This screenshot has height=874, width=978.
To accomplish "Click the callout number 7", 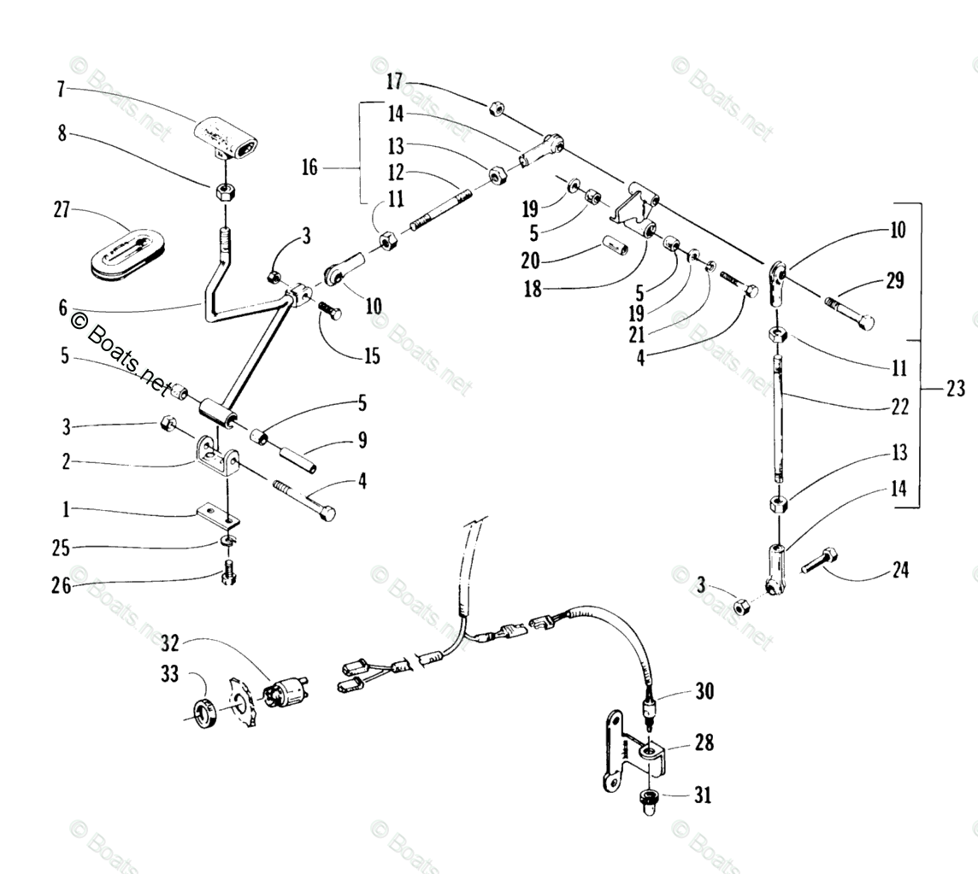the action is pyautogui.click(x=61, y=88).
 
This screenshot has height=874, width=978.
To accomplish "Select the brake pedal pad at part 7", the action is pyautogui.click(x=226, y=138).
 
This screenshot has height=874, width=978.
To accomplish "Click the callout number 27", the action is pyautogui.click(x=62, y=210).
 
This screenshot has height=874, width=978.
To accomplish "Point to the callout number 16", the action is pyautogui.click(x=309, y=167).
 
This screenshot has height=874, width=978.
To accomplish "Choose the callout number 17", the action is pyautogui.click(x=393, y=82).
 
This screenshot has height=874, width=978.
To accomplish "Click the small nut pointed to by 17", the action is pyautogui.click(x=494, y=109).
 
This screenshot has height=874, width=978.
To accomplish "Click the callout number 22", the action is pyautogui.click(x=898, y=408).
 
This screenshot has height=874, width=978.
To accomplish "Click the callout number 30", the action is pyautogui.click(x=704, y=690).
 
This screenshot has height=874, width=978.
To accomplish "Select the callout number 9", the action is pyautogui.click(x=362, y=441).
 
